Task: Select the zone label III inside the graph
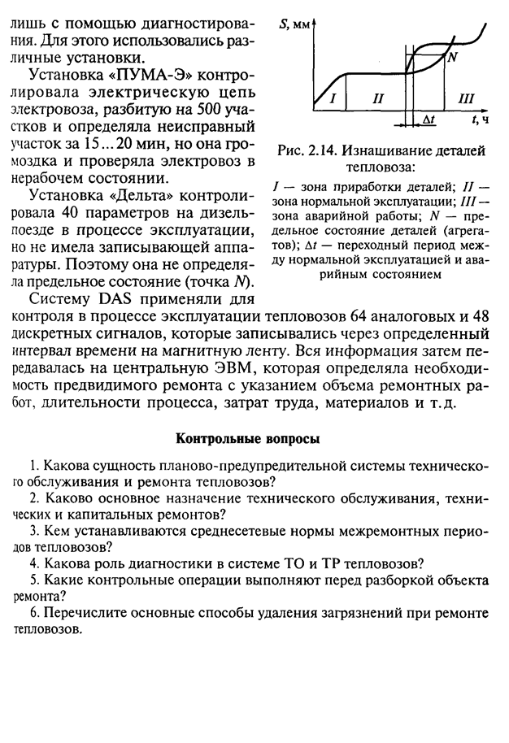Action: pos(465,98)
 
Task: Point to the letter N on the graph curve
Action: pos(453,56)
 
